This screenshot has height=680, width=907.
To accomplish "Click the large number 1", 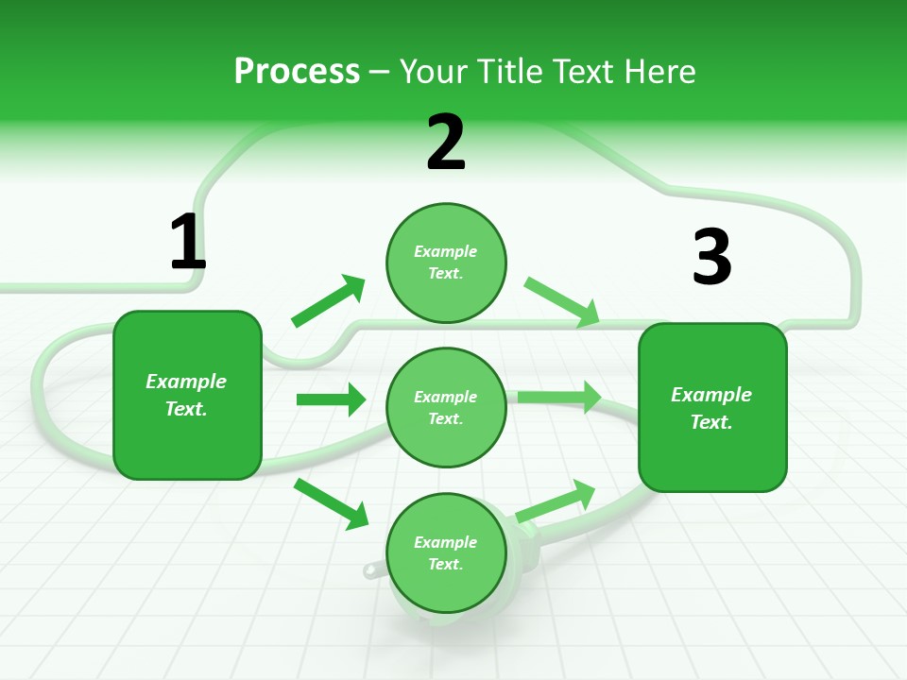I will click(187, 243).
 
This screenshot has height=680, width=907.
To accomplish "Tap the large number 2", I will click(446, 144).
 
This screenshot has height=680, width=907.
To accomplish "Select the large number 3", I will click(711, 257).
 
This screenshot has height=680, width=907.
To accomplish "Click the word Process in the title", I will click(297, 71).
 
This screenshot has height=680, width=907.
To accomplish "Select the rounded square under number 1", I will click(187, 395).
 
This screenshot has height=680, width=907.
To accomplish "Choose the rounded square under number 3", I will click(712, 407).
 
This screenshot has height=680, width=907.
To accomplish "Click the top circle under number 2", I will click(446, 263).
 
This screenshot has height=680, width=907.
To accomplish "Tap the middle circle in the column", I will click(446, 407).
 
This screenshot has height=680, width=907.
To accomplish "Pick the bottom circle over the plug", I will click(446, 552).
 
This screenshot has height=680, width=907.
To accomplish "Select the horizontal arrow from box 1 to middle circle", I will click(331, 399).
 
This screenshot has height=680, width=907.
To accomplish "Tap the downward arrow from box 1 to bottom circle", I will click(332, 503).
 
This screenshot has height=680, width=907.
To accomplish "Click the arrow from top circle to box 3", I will click(562, 302).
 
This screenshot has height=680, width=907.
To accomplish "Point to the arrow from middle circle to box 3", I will click(559, 397).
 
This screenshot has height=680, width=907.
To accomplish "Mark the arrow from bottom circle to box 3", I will click(556, 501).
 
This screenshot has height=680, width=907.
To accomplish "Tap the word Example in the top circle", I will click(445, 252).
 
